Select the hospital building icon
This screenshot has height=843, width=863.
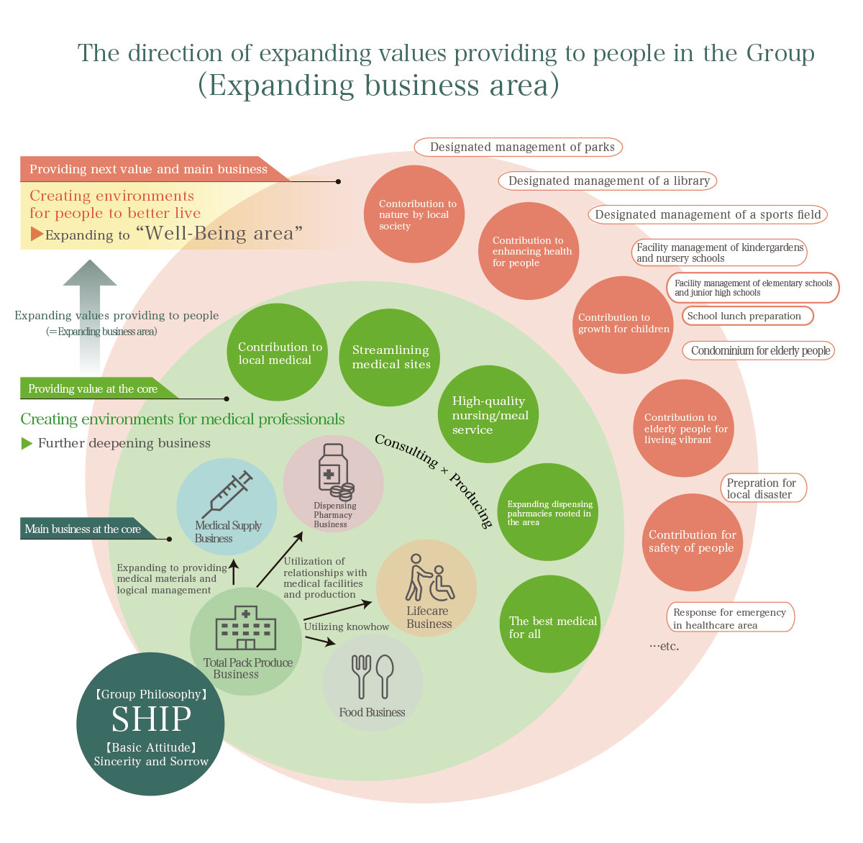pyautogui.click(x=246, y=628)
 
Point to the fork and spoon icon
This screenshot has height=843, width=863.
pyautogui.click(x=372, y=676)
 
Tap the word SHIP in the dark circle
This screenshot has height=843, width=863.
pyautogui.click(x=151, y=719)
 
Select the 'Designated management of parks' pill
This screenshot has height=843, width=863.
pyautogui.click(x=518, y=147)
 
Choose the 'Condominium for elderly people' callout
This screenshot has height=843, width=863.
pyautogui.click(x=758, y=350)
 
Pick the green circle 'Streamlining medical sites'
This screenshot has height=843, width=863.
pyautogui.click(x=390, y=357)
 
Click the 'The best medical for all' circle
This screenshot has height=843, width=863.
pyautogui.click(x=550, y=624)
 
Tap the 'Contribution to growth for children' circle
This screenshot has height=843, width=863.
pyautogui.click(x=623, y=324)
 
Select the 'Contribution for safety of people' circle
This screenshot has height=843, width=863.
pyautogui.click(x=692, y=542)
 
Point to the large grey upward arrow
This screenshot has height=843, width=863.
pyautogui.click(x=90, y=309)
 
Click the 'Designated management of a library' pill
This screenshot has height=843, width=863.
pyautogui.click(x=608, y=181)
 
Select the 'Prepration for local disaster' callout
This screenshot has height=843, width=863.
pyautogui.click(x=763, y=488)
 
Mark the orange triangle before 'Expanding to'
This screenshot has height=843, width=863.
pyautogui.click(x=37, y=234)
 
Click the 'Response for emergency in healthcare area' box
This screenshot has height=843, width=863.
pyautogui.click(x=731, y=618)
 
